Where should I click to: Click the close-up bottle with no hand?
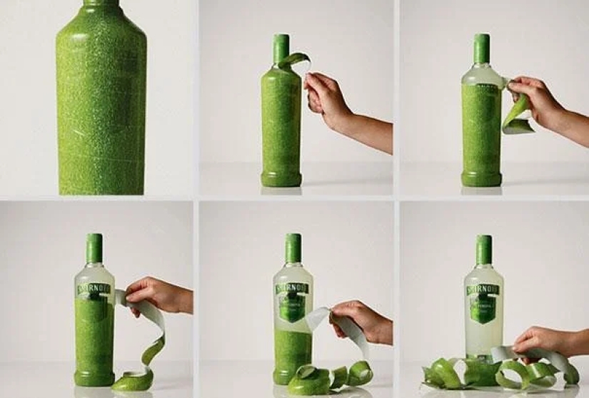pos(101,100)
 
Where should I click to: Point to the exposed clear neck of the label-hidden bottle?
pos(481,75)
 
